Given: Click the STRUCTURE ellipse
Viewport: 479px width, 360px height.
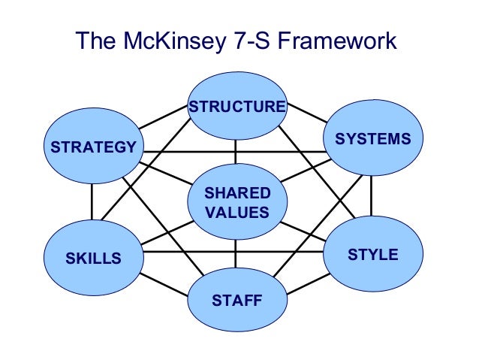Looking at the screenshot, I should (236, 106).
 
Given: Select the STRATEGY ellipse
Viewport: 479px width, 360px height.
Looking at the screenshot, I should (94, 146).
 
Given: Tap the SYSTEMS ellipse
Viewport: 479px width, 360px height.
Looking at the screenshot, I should (372, 138).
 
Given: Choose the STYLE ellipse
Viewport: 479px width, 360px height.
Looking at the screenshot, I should (372, 255).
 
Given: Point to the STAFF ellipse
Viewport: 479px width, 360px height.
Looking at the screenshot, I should (236, 301).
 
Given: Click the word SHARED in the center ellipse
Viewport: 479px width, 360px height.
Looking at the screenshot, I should (236, 194).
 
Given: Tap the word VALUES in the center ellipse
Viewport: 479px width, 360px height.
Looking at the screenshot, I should (236, 212).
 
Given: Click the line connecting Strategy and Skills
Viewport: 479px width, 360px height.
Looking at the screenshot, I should (92, 201).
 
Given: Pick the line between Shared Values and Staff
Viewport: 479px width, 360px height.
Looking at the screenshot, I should (236, 255).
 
